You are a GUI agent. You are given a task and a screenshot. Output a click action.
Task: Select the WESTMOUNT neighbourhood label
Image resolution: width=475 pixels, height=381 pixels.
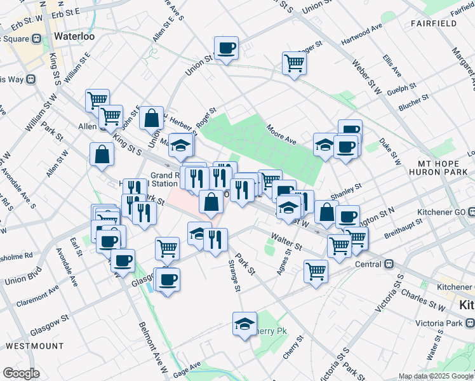coord(34,346)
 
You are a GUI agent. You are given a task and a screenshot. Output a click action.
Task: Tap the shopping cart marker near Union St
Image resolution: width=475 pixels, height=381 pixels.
coord(295,63)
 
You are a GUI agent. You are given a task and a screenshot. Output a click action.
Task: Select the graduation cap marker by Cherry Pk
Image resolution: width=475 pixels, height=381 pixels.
coord(244,324)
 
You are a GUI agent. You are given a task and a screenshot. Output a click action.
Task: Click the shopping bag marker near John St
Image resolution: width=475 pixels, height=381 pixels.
coord(151,118)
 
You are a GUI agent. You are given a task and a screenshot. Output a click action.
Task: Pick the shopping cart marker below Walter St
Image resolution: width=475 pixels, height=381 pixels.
coord(316,271)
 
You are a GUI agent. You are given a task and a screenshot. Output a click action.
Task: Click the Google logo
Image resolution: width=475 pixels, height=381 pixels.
coord(21,373)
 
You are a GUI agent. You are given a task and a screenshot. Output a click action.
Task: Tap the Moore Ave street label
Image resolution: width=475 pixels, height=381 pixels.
coord(282,134)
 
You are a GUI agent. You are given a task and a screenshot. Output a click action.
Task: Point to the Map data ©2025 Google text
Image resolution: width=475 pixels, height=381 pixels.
coord(435,376)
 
